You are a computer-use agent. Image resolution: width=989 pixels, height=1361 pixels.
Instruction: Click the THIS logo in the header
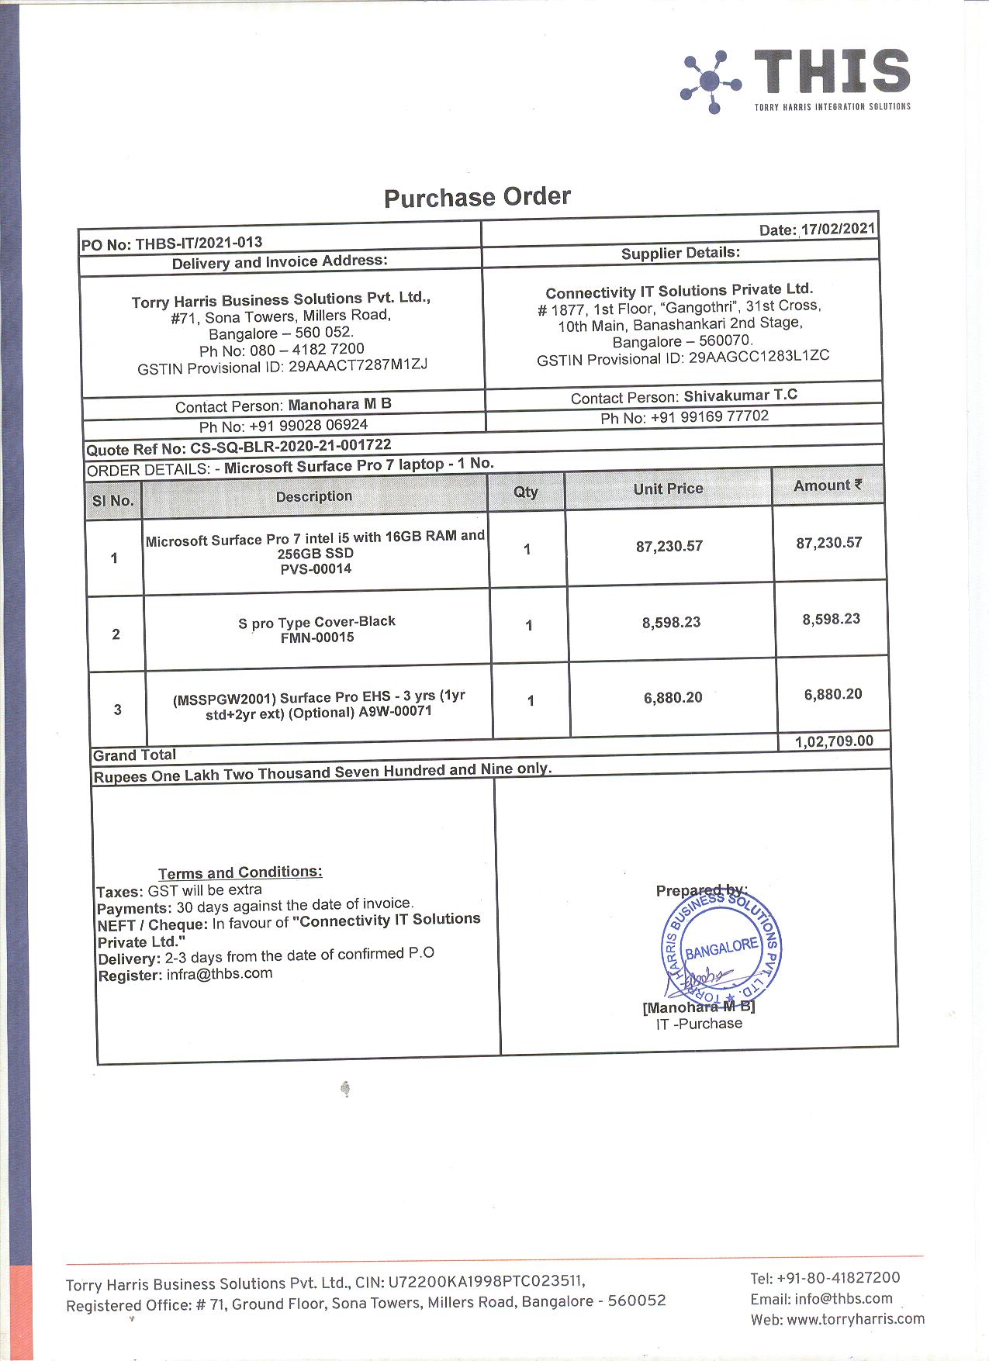coord(794,81)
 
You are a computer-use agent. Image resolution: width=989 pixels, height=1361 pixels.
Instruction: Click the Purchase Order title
coord(477,197)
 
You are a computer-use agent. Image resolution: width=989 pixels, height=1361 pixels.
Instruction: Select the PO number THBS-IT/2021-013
coord(199,243)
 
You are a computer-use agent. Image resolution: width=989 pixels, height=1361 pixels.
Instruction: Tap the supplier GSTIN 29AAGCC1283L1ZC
coord(759,357)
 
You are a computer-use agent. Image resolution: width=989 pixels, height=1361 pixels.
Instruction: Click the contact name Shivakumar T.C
coord(740,396)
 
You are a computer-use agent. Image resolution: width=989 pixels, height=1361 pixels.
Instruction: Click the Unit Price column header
coord(668,489)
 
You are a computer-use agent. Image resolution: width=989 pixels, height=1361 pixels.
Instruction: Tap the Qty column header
coord(526,492)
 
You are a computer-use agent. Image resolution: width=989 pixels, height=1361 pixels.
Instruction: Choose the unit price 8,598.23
coord(671,622)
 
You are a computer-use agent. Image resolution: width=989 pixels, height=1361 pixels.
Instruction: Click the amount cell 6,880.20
coord(833,694)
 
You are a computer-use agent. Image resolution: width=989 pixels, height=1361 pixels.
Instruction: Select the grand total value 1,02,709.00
coord(834,741)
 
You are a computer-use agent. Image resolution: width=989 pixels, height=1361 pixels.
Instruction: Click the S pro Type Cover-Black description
coord(316,621)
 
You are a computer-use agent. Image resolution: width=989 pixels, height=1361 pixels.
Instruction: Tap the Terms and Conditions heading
coord(240,872)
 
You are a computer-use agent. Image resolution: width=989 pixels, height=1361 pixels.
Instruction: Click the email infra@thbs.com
coord(220,974)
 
